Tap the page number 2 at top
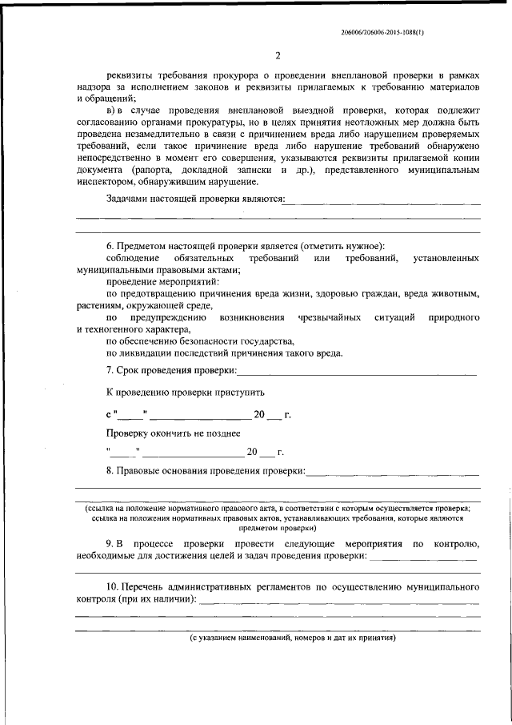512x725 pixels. [278, 55]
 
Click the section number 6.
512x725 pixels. [110, 246]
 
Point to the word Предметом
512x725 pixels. [142, 246]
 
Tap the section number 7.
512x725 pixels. [110, 370]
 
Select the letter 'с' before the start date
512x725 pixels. [109, 414]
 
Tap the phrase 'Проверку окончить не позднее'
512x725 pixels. [174, 433]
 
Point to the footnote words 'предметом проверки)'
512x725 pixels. [278, 529]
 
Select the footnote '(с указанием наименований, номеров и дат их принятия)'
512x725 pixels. [293, 638]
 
